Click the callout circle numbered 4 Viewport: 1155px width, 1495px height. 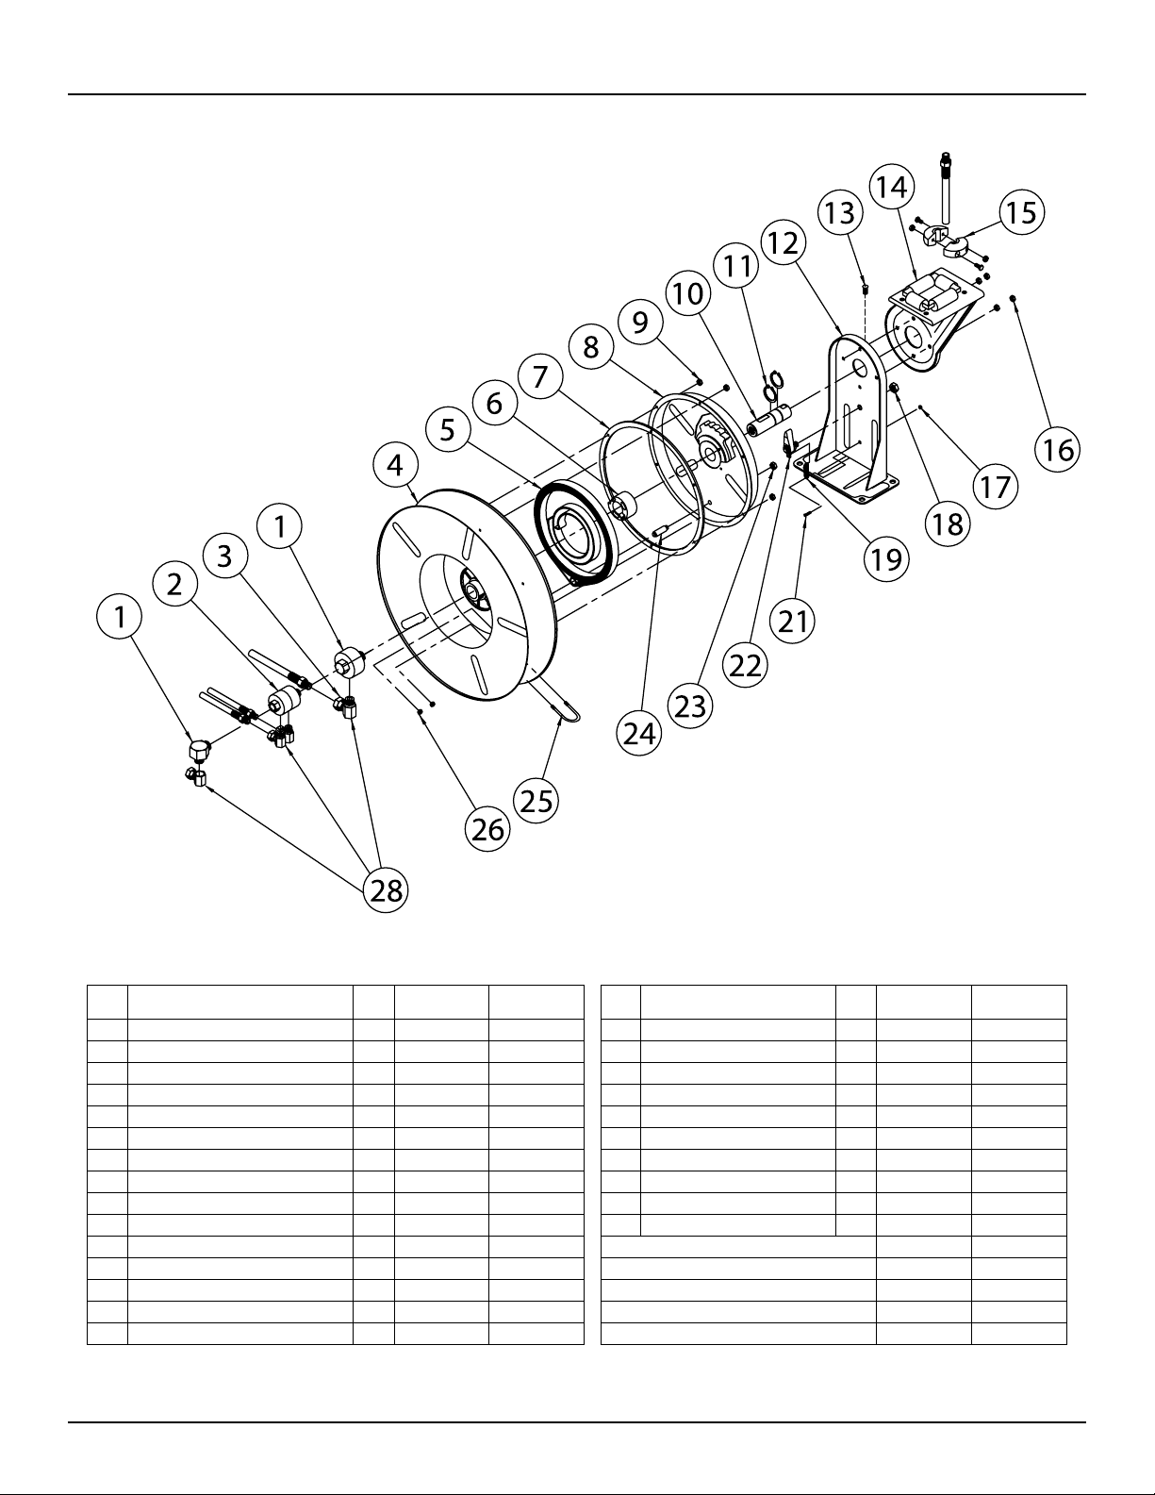pyautogui.click(x=395, y=466)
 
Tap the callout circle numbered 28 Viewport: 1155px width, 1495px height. pyautogui.click(x=386, y=890)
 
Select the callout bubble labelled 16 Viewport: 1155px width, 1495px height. pyautogui.click(x=1057, y=450)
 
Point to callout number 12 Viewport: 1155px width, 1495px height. pyautogui.click(x=784, y=242)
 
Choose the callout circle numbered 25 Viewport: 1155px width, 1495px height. pyautogui.click(x=536, y=801)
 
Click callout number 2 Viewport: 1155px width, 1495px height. pyautogui.click(x=174, y=584)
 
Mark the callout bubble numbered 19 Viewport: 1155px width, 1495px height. pyautogui.click(x=886, y=559)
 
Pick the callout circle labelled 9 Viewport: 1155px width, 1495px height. pyautogui.click(x=640, y=322)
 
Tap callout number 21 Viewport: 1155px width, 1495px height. pyautogui.click(x=793, y=622)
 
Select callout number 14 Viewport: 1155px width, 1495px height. pyautogui.click(x=892, y=187)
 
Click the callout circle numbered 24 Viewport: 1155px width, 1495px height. pyautogui.click(x=639, y=734)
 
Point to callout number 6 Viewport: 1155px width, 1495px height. pyautogui.click(x=494, y=404)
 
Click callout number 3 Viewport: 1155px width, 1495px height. pyautogui.click(x=224, y=556)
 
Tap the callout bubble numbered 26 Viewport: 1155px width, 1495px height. pyautogui.click(x=488, y=829)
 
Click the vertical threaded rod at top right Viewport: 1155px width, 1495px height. pyautogui.click(x=946, y=187)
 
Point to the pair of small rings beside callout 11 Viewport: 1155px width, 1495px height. pyautogui.click(x=773, y=384)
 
